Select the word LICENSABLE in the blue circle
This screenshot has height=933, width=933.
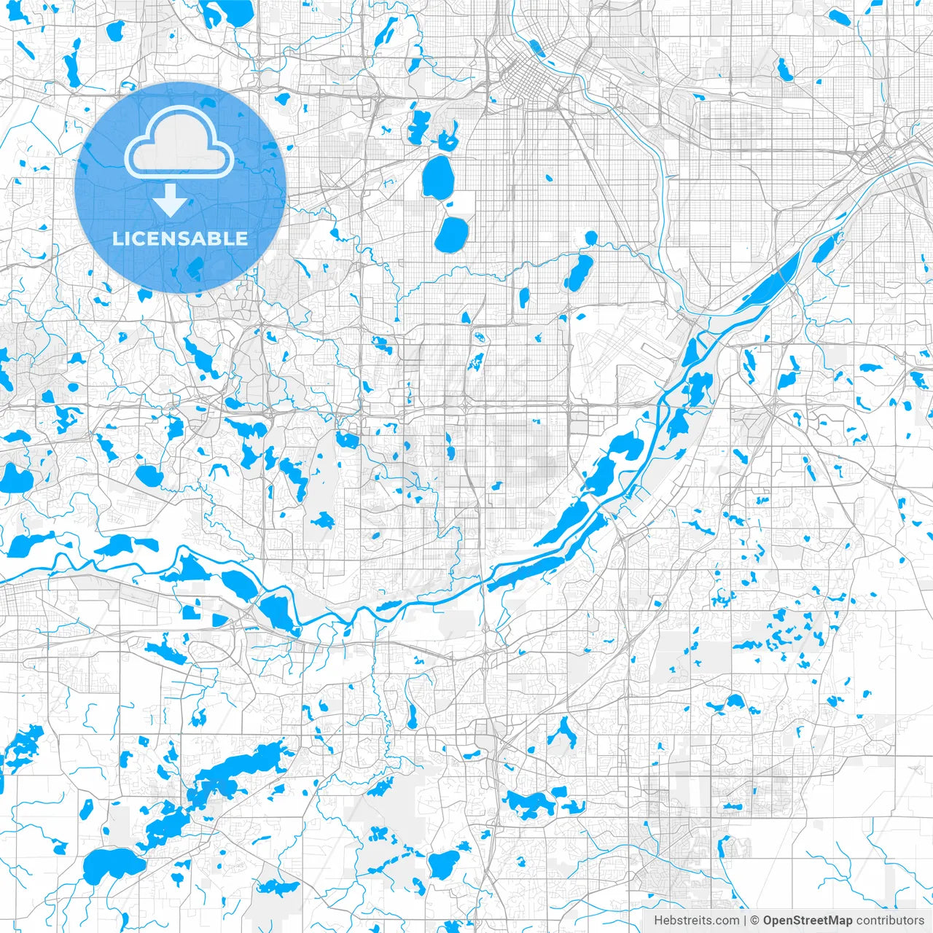pos(179,238)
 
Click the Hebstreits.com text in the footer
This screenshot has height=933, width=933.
pos(696,921)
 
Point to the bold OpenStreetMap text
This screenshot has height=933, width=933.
pos(808,921)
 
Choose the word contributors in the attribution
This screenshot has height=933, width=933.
pos(890,921)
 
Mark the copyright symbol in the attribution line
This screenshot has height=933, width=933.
pos(755,921)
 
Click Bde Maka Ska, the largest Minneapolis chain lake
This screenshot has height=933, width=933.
pos(437,177)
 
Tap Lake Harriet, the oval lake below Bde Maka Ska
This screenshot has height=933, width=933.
pos(451,234)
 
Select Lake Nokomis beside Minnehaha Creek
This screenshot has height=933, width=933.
pos(579,272)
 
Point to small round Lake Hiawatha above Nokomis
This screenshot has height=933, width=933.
pos(590,237)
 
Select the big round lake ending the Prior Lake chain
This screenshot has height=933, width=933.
pos(106,866)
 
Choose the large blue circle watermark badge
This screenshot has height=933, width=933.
pos(179,188)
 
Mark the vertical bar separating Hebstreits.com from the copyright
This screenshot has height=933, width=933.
pos(744,921)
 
